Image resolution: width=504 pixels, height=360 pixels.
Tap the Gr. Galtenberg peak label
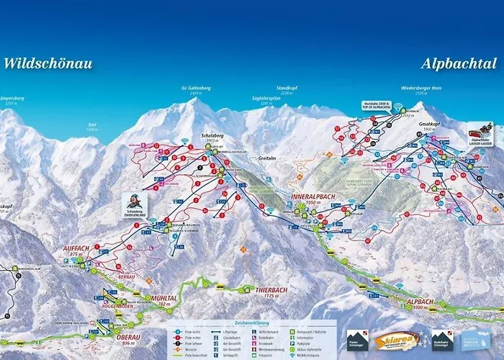coord(195,89)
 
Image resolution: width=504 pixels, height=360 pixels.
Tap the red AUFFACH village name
coord(75,248)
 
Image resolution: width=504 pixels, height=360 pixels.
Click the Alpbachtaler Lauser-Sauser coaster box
coord(480,133)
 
